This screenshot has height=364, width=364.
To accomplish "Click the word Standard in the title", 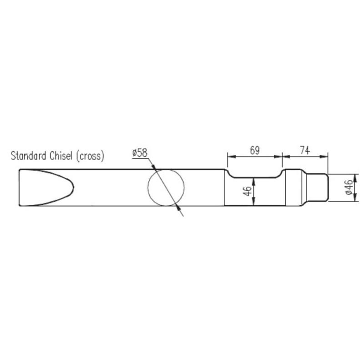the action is [x=28, y=156].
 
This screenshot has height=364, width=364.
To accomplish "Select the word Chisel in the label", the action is [x=61, y=156].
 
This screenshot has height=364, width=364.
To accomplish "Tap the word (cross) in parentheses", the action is [x=90, y=156].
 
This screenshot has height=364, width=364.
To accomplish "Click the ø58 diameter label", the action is [x=140, y=153].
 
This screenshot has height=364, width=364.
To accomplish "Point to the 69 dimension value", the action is [x=255, y=151].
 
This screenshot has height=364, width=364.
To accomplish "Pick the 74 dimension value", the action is [x=305, y=151].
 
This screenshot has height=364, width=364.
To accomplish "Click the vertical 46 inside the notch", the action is [x=248, y=191].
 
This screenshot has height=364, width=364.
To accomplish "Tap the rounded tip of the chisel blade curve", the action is [x=73, y=187].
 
